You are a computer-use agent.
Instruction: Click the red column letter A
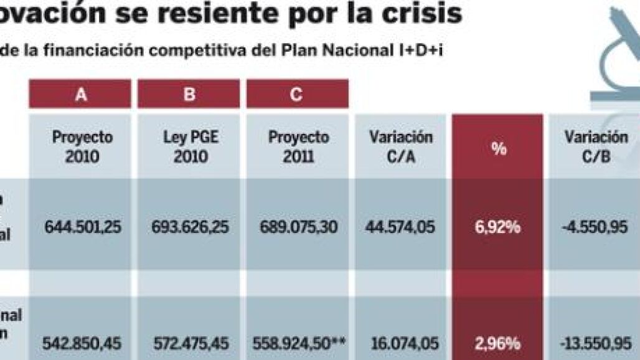(80, 95)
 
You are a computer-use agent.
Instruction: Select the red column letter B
(189, 95)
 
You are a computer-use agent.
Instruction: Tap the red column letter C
(297, 95)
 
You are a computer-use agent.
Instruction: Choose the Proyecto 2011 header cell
(298, 146)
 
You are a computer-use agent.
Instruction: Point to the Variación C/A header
(401, 146)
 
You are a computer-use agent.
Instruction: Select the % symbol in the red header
(497, 149)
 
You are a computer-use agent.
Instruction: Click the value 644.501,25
(83, 227)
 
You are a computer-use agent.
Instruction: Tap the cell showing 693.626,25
(190, 227)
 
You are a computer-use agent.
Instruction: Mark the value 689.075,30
(298, 227)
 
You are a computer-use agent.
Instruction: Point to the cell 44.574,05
(401, 227)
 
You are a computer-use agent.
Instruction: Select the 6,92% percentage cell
(497, 227)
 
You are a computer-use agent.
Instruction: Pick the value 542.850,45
(83, 343)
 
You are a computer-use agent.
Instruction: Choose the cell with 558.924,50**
(300, 343)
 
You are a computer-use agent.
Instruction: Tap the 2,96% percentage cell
(497, 343)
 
